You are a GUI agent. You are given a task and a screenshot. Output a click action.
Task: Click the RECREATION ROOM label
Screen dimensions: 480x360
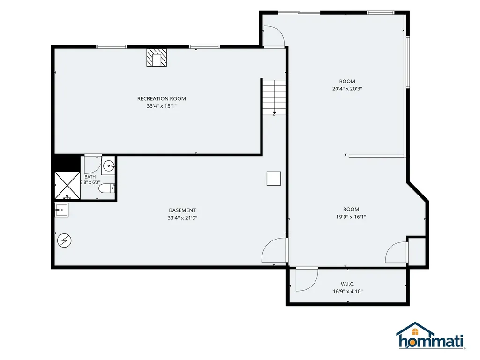click(162, 98)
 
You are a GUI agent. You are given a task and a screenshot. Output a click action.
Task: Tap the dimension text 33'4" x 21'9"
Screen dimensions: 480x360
click(182, 218)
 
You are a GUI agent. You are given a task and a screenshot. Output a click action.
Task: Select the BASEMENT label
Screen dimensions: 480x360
click(182, 210)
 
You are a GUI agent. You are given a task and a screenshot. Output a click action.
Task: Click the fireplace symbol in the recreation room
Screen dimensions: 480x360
click(157, 58)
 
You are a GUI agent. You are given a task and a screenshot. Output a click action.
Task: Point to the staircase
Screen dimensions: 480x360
click(274, 97)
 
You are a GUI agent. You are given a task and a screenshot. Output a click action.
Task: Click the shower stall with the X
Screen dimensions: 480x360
click(67, 186)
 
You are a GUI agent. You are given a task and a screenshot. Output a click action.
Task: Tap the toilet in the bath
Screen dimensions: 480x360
click(106, 188)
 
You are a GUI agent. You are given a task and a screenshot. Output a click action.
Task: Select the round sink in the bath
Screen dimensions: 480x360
click(108, 166)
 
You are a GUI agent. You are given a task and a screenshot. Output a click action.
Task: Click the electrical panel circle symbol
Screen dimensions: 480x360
click(64, 240)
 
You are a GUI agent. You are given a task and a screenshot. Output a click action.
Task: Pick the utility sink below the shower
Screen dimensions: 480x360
click(61, 210)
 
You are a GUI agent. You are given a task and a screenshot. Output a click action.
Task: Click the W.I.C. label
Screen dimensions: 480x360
click(348, 284)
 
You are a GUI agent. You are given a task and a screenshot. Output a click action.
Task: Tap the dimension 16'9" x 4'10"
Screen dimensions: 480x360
click(348, 292)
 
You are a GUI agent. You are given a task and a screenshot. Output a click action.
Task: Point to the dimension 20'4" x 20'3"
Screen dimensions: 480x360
click(347, 89)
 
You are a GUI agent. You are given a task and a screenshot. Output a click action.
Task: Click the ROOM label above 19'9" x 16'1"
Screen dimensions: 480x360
click(351, 210)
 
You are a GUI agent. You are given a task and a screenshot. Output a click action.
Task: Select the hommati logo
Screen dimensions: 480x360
click(430, 336)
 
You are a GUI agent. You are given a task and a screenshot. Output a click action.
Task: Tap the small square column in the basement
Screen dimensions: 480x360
click(274, 179)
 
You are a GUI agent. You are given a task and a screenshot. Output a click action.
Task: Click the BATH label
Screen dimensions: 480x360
click(90, 177)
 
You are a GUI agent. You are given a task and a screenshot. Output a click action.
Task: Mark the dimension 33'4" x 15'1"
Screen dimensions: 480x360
click(162, 106)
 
